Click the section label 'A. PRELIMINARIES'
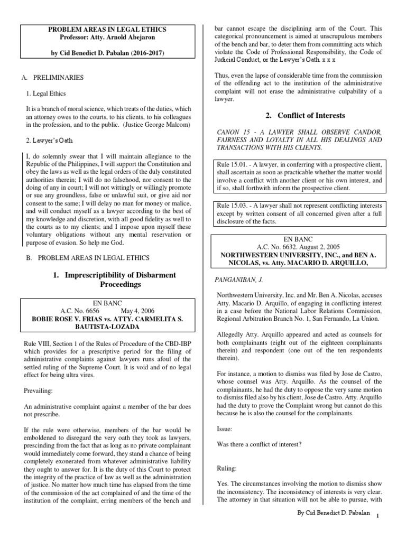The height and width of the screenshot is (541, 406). click(x=52, y=78)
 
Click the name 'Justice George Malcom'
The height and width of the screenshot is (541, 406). click(x=158, y=125)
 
